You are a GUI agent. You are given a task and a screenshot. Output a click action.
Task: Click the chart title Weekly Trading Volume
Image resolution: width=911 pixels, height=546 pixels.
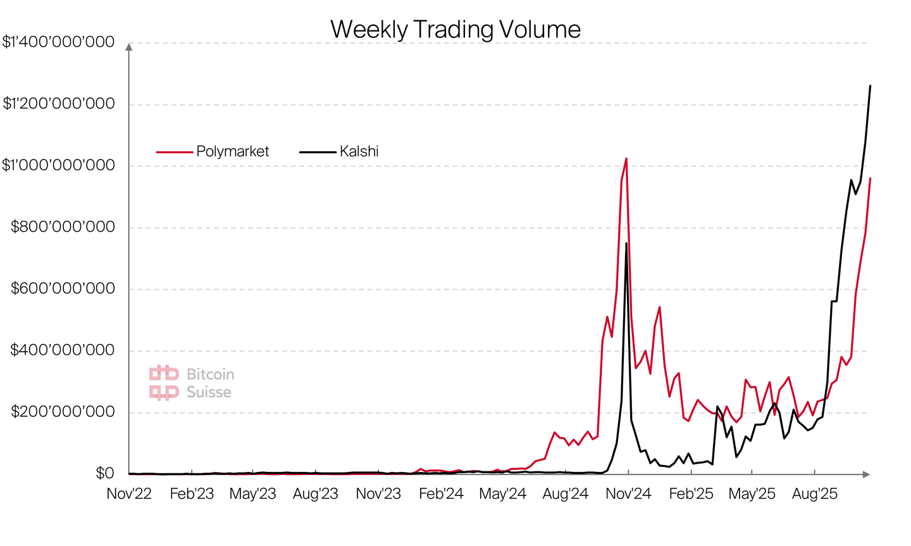point(455,30)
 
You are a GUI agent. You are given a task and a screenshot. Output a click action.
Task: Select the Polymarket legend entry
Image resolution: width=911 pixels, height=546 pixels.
point(232,152)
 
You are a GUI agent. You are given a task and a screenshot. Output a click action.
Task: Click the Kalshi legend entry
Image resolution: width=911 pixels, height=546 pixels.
point(359,152)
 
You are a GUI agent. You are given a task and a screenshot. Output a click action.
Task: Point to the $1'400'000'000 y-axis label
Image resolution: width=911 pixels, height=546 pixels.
point(59,42)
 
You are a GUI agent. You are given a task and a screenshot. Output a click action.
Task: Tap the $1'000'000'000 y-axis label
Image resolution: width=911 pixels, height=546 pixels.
point(59,166)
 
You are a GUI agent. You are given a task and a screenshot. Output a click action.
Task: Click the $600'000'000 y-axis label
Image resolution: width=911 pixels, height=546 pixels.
point(63,289)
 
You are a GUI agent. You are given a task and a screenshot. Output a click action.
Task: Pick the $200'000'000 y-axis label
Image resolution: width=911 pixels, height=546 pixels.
point(63,413)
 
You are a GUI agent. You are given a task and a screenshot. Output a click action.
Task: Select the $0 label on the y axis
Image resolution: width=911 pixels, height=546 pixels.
point(104,474)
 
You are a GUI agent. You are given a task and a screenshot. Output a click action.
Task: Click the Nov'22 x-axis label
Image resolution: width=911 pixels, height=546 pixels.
point(129,494)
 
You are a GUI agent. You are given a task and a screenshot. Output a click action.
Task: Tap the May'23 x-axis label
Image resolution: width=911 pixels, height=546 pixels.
point(252,494)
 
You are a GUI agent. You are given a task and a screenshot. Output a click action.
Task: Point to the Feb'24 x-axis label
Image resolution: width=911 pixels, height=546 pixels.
point(441,494)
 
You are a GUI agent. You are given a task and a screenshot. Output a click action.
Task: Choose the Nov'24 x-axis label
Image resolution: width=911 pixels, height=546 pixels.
point(628,494)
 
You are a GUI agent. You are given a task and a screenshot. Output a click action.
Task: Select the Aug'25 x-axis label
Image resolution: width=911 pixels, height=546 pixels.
point(815,494)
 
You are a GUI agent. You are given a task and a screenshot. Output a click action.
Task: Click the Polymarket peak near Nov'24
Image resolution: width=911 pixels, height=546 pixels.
point(626,159)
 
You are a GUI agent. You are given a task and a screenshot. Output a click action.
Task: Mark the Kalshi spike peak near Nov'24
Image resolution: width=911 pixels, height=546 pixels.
point(626,244)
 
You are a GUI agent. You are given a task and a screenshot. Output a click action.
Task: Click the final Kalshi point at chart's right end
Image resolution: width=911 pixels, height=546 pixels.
point(870,86)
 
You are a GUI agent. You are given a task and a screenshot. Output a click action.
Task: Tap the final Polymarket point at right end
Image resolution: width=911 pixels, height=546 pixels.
point(870,178)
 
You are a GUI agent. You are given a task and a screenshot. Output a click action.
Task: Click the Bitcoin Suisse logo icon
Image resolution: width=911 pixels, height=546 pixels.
point(164,383)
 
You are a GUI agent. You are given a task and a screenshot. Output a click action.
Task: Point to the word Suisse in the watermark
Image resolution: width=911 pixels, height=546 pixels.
point(209,392)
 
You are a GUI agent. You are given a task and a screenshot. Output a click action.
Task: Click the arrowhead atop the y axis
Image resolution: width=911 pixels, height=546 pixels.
point(129,47)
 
